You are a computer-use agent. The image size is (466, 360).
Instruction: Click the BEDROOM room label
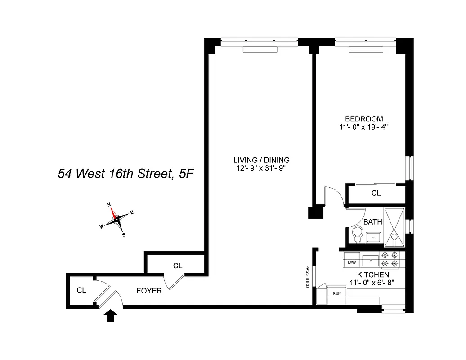pyautogui.click(x=367, y=119)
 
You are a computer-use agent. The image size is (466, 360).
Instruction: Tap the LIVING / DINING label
pyautogui.click(x=261, y=160)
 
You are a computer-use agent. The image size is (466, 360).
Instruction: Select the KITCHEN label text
pyautogui.click(x=373, y=274)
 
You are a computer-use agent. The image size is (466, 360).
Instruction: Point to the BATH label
pyautogui.click(x=372, y=222)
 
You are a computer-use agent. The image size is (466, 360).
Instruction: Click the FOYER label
pyautogui.click(x=149, y=291)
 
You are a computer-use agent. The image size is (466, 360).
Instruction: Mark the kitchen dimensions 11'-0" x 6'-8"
pyautogui.click(x=373, y=283)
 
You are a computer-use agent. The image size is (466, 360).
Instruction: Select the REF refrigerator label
pyautogui.click(x=336, y=293)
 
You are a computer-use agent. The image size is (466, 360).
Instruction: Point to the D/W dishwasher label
pyautogui.click(x=352, y=262)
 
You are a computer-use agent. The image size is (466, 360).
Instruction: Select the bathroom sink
pyautogui.click(x=373, y=236)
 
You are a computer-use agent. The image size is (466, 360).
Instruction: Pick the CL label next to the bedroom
pyautogui.click(x=376, y=193)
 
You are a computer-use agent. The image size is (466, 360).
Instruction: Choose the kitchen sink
pyautogui.click(x=372, y=259)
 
